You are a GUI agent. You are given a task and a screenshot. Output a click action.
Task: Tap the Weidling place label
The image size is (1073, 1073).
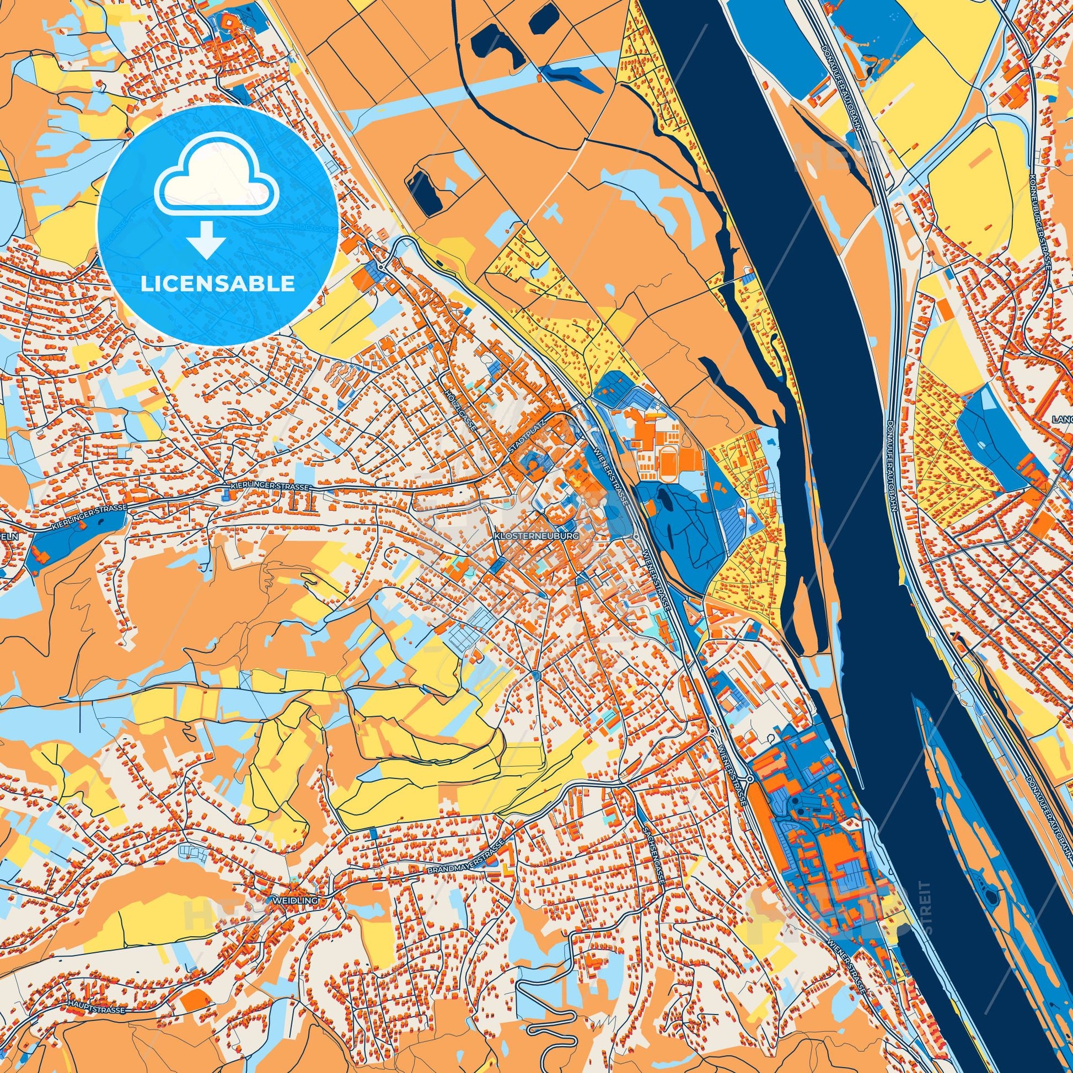[x=294, y=899]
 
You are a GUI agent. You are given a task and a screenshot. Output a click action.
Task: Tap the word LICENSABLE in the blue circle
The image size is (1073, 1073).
[x=217, y=284]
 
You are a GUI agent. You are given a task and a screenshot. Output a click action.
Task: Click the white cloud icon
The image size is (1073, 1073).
[x=217, y=183]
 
